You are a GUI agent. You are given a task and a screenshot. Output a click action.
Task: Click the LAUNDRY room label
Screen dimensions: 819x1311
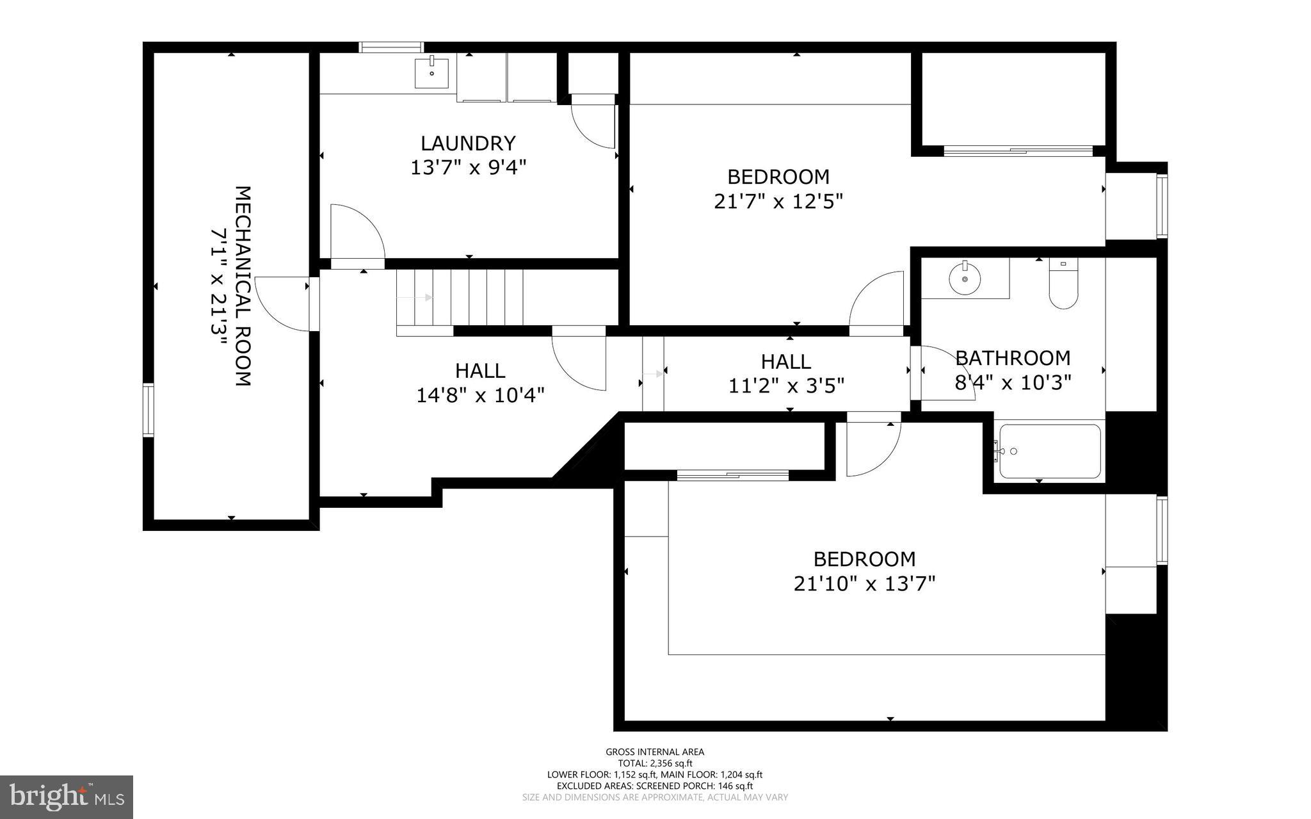(468, 142)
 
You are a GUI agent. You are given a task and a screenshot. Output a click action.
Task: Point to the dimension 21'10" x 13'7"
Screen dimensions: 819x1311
(864, 584)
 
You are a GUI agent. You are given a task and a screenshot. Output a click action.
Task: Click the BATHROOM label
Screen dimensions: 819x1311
(1013, 357)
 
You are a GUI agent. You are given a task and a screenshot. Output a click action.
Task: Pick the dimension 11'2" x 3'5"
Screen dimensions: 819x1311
(786, 385)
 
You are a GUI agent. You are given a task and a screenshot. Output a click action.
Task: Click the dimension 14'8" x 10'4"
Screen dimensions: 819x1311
(480, 395)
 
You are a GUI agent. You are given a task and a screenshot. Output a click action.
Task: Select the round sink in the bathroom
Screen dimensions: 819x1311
(965, 279)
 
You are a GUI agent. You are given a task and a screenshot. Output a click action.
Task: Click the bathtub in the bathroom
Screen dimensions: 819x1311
(1050, 451)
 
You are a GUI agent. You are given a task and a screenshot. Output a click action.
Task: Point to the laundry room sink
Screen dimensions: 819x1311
(431, 72)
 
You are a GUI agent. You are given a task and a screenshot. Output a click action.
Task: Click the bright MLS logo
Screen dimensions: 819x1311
(67, 797)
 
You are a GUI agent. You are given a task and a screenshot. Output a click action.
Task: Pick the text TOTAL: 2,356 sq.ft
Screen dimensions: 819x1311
(655, 763)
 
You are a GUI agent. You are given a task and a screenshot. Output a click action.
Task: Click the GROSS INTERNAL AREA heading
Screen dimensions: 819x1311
(655, 752)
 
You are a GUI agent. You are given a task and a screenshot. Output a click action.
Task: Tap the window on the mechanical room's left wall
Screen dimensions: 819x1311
(148, 410)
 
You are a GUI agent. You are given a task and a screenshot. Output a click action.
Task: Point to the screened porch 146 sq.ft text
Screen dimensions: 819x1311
(655, 786)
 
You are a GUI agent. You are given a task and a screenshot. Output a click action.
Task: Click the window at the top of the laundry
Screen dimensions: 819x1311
(391, 47)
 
